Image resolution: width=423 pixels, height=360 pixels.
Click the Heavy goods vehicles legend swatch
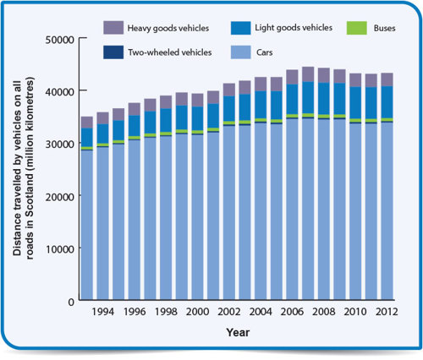pyautogui.click(x=116, y=28)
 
